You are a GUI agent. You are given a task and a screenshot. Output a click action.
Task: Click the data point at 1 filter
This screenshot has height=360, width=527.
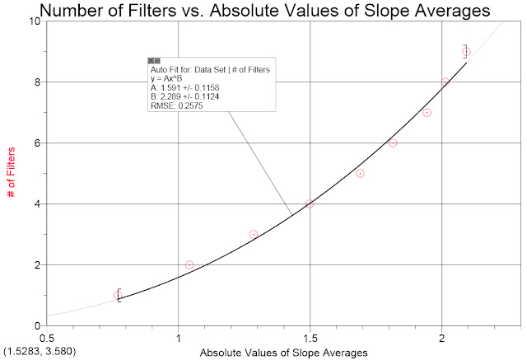pyautogui.click(x=118, y=295)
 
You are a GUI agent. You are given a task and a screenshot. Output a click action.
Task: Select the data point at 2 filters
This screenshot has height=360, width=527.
pyautogui.click(x=189, y=264)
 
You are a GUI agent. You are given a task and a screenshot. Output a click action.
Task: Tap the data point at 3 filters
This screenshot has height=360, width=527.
pyautogui.click(x=254, y=234)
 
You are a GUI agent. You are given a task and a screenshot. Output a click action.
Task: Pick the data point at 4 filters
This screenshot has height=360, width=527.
pyautogui.click(x=310, y=203)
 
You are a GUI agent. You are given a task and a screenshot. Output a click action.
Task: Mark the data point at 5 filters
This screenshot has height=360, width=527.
pyautogui.click(x=360, y=173)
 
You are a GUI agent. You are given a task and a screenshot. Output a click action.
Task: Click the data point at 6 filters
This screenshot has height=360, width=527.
pyautogui.click(x=393, y=143)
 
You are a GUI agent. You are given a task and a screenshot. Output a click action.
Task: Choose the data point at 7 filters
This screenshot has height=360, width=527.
pyautogui.click(x=427, y=112)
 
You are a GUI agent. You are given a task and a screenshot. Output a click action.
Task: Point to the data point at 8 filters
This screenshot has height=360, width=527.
pyautogui.click(x=445, y=82)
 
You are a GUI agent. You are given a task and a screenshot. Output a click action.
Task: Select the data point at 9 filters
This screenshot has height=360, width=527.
pyautogui.click(x=466, y=51)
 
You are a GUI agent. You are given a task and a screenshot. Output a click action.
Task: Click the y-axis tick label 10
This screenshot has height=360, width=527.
pyautogui.click(x=35, y=21)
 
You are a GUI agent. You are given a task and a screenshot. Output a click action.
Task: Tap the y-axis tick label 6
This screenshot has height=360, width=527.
pyautogui.click(x=38, y=143)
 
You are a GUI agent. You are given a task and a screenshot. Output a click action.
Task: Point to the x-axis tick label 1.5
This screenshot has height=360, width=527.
pyautogui.click(x=310, y=338)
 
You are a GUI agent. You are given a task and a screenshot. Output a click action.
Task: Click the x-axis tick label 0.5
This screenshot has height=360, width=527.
pyautogui.click(x=48, y=338)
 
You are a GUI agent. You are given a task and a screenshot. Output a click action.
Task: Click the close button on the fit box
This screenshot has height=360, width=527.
pyautogui.click(x=153, y=61)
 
